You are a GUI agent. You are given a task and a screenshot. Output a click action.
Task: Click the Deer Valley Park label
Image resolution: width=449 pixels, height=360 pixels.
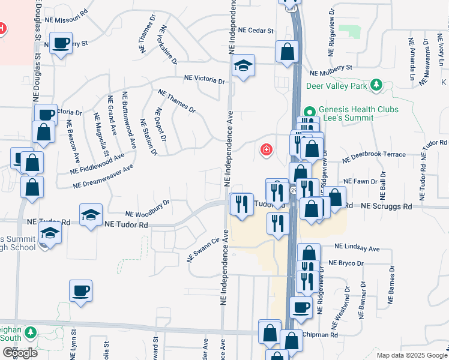tap(336, 86)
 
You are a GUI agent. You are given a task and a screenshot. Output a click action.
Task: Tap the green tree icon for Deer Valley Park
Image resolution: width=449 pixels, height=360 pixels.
tap(376, 85)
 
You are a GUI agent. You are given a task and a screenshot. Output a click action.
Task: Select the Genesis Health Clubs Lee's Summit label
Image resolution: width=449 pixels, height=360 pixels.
tap(346, 114)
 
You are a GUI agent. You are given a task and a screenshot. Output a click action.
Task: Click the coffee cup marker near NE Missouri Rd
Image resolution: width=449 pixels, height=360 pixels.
tap(61, 44)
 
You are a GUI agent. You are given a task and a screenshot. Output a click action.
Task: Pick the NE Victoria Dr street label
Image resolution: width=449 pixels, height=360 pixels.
tap(204, 79)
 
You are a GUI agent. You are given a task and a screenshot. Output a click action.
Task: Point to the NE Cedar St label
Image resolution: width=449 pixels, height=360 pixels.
tap(256, 29)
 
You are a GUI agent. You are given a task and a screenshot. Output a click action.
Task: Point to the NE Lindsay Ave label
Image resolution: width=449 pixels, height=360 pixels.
tap(357, 248)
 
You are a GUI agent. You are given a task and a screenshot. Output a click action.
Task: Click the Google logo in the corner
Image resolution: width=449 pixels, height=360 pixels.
tap(20, 353)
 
